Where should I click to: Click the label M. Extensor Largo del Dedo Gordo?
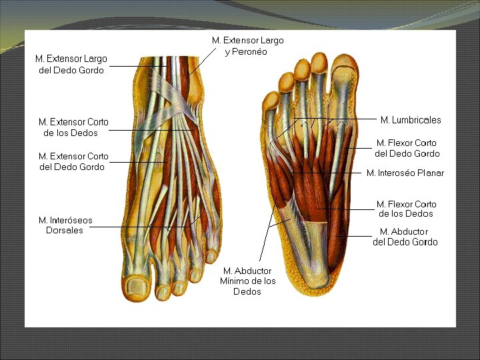point(71,65)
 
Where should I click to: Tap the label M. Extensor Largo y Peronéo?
point(247,46)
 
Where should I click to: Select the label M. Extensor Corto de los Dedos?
point(73,127)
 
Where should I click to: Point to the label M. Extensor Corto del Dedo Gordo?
point(73,161)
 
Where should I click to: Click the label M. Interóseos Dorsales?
point(65,225)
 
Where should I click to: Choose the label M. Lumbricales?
point(411,120)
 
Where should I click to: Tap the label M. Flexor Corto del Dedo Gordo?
point(407,148)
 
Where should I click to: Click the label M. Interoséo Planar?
point(405,173)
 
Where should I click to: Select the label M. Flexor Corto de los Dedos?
point(406,209)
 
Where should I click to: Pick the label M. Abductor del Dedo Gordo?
point(405,237)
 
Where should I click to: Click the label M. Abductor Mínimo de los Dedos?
point(247,281)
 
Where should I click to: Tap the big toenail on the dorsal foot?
point(138,287)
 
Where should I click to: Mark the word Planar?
point(430,173)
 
